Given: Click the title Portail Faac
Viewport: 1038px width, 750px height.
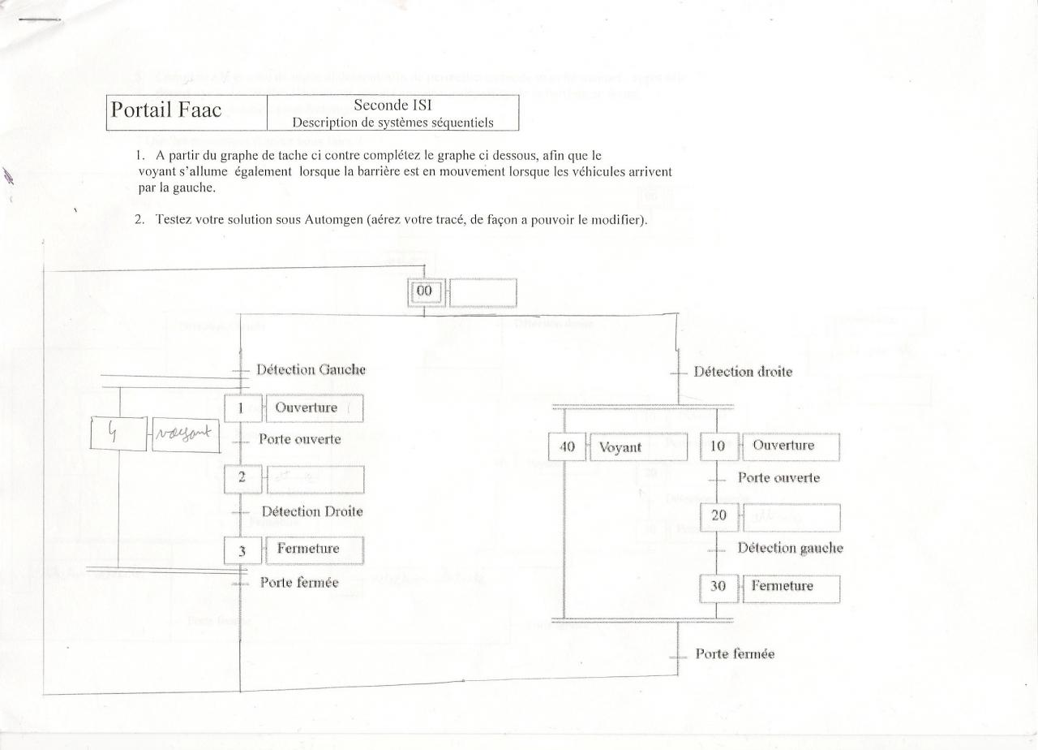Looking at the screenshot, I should coord(166,111).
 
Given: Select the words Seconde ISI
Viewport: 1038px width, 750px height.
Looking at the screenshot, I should coord(392,106).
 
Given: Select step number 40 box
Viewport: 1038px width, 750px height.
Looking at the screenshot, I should coord(566,447).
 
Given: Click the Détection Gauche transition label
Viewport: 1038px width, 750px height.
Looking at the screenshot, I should coord(311,369).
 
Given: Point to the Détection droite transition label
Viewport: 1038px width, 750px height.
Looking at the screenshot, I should coord(743,372).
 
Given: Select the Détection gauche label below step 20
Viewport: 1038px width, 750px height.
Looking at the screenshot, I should coord(790,548).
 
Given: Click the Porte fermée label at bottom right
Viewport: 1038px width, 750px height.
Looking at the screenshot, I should coord(735,654).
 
